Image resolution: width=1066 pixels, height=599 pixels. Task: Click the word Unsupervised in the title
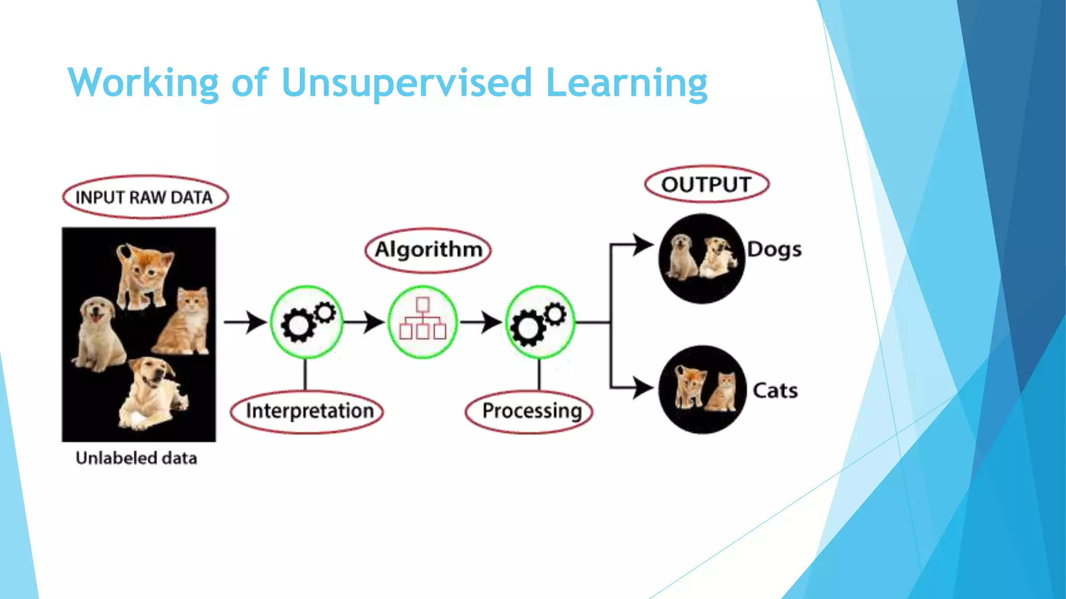tap(406, 83)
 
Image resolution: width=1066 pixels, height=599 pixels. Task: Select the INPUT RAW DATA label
tap(145, 197)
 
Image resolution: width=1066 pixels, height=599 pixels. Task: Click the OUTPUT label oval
tap(706, 184)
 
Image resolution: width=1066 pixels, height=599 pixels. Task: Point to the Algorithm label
tap(428, 250)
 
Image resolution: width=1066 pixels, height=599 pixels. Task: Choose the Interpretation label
tap(308, 411)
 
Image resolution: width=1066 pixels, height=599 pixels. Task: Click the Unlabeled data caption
tap(136, 458)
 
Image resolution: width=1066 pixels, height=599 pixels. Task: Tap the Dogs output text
tap(774, 250)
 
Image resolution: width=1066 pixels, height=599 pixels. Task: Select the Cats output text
tap(775, 390)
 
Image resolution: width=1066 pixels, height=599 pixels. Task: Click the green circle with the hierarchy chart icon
tap(423, 322)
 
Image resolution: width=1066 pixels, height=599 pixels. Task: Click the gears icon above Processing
tap(540, 322)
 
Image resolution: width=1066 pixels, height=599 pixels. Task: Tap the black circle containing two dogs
tap(702, 258)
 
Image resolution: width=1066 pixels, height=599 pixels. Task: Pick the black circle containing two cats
tap(703, 389)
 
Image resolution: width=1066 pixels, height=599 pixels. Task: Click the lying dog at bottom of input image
tap(151, 393)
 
